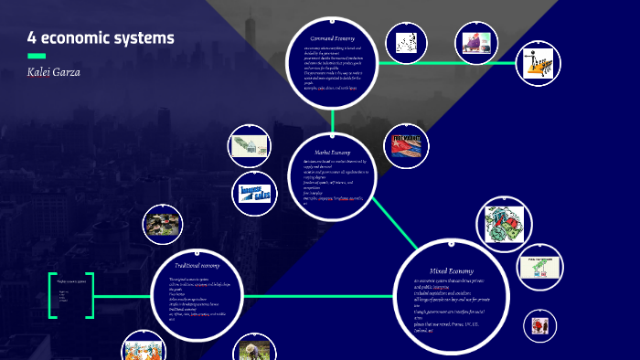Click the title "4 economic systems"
click(101, 38)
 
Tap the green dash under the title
click(37, 56)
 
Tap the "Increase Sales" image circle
click(250, 194)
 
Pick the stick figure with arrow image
click(537, 64)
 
